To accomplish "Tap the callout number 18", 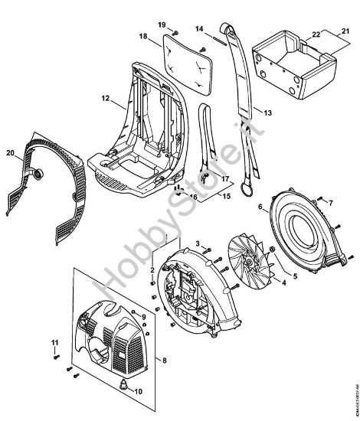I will click(x=143, y=36).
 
